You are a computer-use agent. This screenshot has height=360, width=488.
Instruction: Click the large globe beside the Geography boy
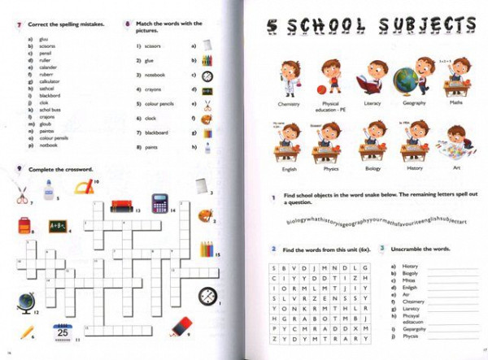coord(405,80)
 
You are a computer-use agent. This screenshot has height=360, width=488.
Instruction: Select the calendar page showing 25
coord(61,332)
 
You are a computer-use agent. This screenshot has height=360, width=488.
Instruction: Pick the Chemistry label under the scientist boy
coord(289,104)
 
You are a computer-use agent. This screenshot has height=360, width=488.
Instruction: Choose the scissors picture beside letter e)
coord(207,105)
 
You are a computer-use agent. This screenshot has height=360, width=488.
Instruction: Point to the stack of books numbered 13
coord(121,204)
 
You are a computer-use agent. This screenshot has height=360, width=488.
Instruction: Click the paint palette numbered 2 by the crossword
coord(205,216)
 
